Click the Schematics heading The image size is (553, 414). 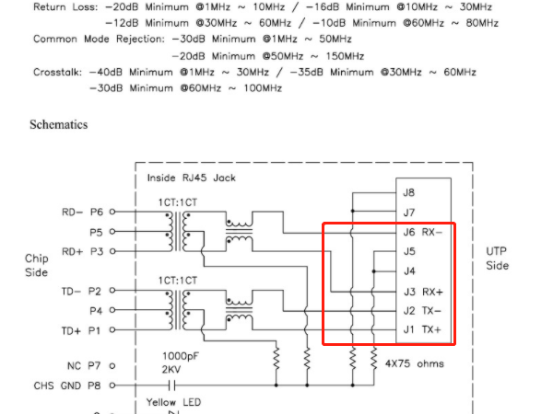coord(59,123)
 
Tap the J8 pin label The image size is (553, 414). coord(409,192)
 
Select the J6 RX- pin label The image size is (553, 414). coord(423,232)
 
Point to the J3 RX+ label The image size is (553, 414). coord(423,291)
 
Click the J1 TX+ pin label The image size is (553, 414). coord(423,329)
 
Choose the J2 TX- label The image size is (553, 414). coord(423,310)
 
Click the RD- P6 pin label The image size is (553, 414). coord(84,212)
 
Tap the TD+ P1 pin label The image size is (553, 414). coord(84,329)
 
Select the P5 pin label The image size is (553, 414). coord(96,232)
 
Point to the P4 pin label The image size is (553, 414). coord(96,310)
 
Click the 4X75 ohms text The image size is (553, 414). coord(413,363)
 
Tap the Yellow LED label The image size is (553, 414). coord(174,402)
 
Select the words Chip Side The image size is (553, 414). coord(36,265)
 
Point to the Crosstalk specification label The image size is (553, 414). coord(56,72)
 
